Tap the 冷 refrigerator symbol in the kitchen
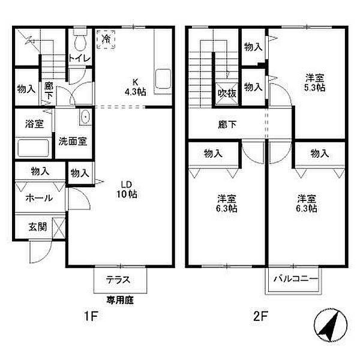[x=106, y=40]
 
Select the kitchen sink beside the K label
[x=163, y=79]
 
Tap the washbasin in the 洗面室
[x=85, y=116]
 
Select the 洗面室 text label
[x=73, y=142]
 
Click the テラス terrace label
[x=119, y=280]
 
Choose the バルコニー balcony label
[x=292, y=279]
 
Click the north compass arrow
[x=328, y=326]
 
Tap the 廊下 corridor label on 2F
[x=227, y=125]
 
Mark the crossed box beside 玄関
[x=59, y=227]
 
